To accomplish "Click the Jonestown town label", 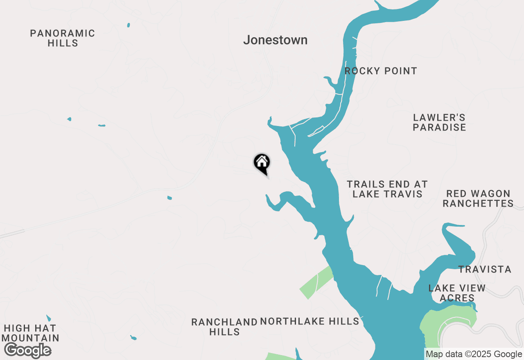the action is point(275,40).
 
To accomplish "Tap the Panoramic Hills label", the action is point(63,38).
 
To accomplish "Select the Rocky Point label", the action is point(381,71).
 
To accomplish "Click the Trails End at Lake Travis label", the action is point(387,189).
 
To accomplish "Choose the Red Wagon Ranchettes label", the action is point(478,198).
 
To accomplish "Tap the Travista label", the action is point(485,269).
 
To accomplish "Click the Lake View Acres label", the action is point(457,293).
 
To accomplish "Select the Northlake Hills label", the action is point(309,322).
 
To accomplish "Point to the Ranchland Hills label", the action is point(224,327).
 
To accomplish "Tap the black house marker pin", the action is point(262,163).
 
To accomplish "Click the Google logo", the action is point(28,350).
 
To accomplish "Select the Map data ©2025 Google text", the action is point(474,354).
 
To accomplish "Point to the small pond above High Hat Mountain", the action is point(49,318).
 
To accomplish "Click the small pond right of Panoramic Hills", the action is point(129,25).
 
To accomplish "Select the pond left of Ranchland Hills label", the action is point(133,338).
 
